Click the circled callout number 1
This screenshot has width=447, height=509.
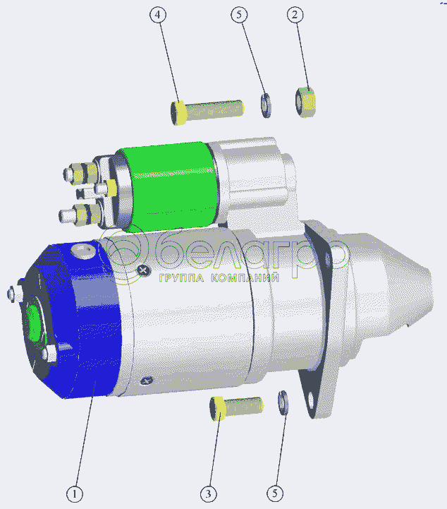pyautogui.click(x=75, y=494)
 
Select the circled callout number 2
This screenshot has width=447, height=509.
pyautogui.click(x=295, y=15)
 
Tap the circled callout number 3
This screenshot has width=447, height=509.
pyautogui.click(x=208, y=494)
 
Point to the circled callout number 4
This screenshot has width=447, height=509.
pyautogui.click(x=158, y=15)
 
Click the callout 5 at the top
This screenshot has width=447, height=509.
pyautogui.click(x=239, y=15)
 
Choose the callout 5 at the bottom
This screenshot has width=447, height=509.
pyautogui.click(x=275, y=493)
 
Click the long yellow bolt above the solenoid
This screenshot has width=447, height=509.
pyautogui.click(x=207, y=112)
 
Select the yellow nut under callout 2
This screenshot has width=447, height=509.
pyautogui.click(x=305, y=102)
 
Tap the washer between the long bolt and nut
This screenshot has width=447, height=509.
pyautogui.click(x=266, y=105)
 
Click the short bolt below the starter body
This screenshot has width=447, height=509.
pyautogui.click(x=236, y=408)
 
